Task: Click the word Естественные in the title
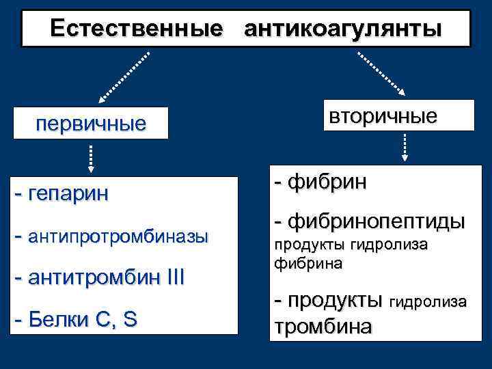tap(136, 29)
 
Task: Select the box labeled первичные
tap(91, 124)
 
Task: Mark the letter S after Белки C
tap(129, 320)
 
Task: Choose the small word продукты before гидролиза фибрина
tap(310, 245)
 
